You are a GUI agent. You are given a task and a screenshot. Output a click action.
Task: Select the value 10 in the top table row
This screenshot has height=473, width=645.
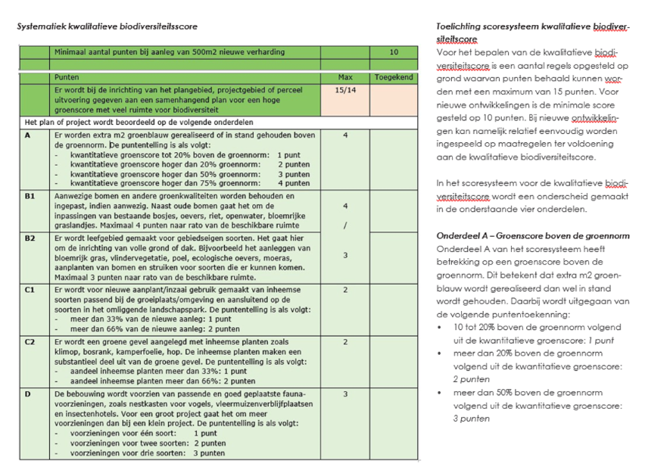(x=393, y=52)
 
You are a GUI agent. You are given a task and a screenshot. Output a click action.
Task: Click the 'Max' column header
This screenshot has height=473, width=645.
(x=344, y=77)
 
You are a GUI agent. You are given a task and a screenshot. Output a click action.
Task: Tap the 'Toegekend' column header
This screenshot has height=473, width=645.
(x=393, y=77)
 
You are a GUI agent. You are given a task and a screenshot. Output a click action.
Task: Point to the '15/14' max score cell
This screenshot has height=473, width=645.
(x=344, y=90)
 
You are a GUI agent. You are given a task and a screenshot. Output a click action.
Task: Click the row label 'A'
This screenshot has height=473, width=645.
(x=28, y=135)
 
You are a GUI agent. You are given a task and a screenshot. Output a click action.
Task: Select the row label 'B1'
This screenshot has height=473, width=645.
(x=30, y=195)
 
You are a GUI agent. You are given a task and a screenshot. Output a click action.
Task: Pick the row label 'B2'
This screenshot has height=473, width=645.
(x=30, y=238)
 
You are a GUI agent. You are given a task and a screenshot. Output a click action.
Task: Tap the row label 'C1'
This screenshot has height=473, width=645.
(x=30, y=290)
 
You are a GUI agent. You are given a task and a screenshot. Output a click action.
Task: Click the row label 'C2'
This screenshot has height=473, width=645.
(x=30, y=342)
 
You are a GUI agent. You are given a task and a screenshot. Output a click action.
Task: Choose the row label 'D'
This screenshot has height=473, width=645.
(x=28, y=394)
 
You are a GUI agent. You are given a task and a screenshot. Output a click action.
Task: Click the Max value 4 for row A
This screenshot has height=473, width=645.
(x=345, y=135)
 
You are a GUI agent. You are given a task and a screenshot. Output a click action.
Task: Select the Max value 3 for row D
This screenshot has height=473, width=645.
(x=345, y=394)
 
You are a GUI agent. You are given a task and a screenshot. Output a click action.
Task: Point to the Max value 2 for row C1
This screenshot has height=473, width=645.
(x=345, y=290)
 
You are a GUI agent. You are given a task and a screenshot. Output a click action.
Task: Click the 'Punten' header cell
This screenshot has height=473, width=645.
(x=67, y=77)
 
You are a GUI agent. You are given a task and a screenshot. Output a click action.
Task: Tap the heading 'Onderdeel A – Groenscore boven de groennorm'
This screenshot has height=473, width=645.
(x=532, y=235)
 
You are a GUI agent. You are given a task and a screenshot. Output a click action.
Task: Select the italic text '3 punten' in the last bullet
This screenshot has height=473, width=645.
(x=472, y=419)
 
